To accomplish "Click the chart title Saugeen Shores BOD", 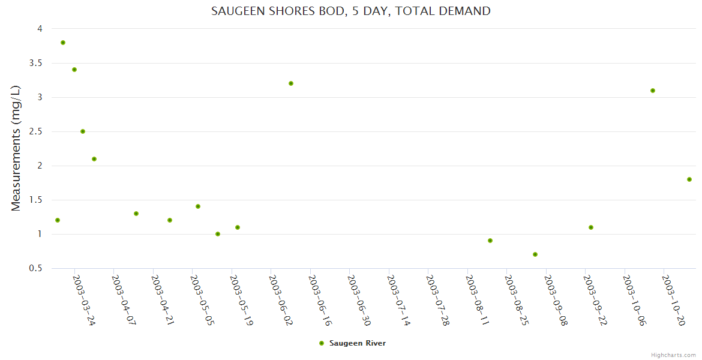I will click(x=350, y=11).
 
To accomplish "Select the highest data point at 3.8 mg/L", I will click(x=63, y=43).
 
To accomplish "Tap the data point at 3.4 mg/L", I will click(x=74, y=70).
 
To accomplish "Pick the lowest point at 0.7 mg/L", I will click(x=535, y=254).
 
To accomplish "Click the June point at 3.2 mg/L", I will click(x=291, y=83).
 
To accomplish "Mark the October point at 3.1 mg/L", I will click(x=653, y=91).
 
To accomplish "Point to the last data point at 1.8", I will click(x=689, y=179).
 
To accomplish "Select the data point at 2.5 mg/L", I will click(x=83, y=131).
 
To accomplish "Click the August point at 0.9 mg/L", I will click(x=490, y=241).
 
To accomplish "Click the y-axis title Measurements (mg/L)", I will click(x=16, y=148).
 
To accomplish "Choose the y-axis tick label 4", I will click(x=39, y=29).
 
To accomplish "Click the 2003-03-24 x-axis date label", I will click(x=84, y=300).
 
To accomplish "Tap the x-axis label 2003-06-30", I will click(x=359, y=300).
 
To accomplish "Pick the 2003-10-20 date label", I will click(x=674, y=300).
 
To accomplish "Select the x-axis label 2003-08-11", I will click(x=477, y=300).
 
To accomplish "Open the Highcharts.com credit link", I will click(x=673, y=355).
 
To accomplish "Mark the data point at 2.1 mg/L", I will click(x=94, y=159).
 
